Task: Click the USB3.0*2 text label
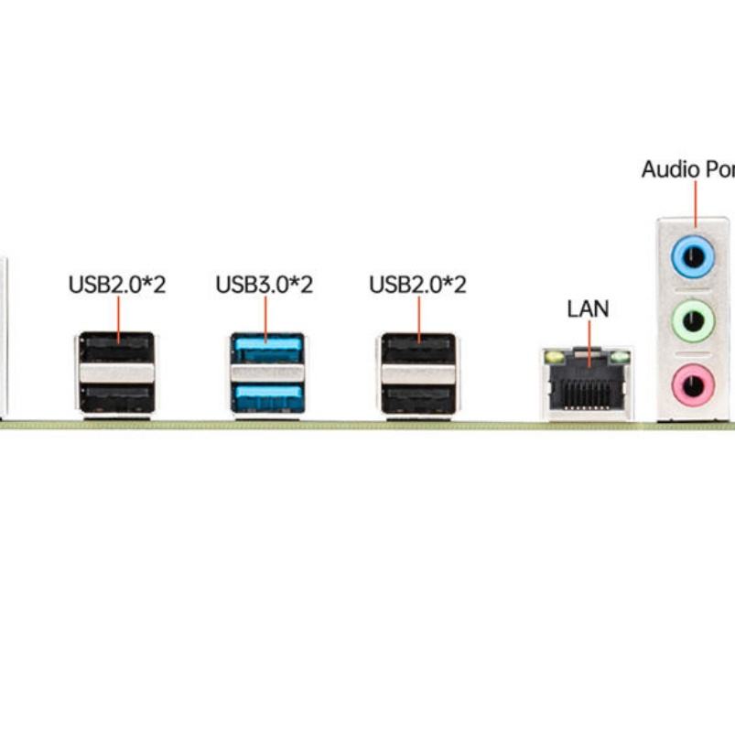pyautogui.click(x=264, y=285)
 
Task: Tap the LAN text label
pyautogui.click(x=588, y=308)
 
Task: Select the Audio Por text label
pyautogui.click(x=686, y=169)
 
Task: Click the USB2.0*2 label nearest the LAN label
pyautogui.click(x=417, y=285)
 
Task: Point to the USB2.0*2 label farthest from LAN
pyautogui.click(x=117, y=285)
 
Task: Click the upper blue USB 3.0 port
pyautogui.click(x=267, y=349)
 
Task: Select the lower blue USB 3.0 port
pyautogui.click(x=267, y=397)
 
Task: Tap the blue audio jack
pyautogui.click(x=693, y=255)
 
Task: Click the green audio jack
pyautogui.click(x=693, y=320)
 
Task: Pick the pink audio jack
pyautogui.click(x=693, y=383)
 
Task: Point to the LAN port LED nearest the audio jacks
pyautogui.click(x=622, y=355)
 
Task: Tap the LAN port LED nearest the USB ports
pyautogui.click(x=552, y=355)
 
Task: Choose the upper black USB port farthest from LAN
pyautogui.click(x=115, y=349)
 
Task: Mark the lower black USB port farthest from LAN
pyautogui.click(x=115, y=398)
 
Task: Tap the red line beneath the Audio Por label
pyautogui.click(x=695, y=203)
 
